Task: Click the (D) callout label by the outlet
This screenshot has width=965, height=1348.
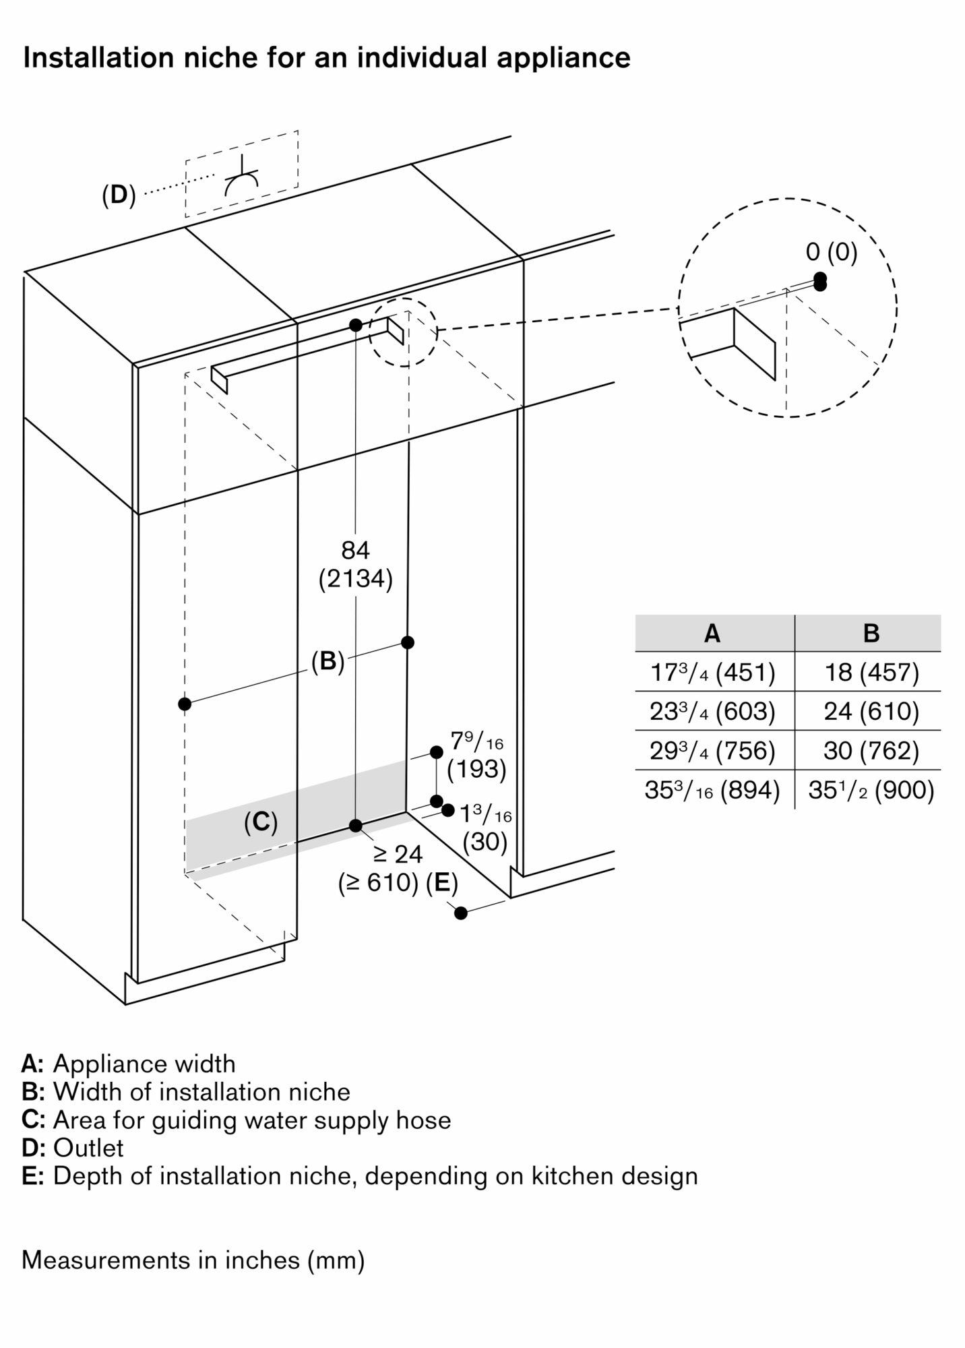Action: tap(119, 195)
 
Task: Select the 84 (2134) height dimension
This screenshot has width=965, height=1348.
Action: tap(355, 565)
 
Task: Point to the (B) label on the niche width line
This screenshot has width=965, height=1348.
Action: tap(328, 661)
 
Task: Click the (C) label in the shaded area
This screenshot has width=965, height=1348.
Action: tap(261, 822)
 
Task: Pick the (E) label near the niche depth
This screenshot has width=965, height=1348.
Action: tap(442, 882)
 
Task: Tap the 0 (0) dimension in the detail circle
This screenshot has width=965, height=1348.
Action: tap(832, 252)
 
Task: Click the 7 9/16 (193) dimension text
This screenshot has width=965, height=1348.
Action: tap(477, 755)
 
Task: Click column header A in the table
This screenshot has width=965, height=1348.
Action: tap(712, 634)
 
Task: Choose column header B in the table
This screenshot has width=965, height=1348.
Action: tap(871, 634)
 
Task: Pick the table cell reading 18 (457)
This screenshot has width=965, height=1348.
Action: tap(871, 672)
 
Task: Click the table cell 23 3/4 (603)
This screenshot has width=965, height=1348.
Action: tap(712, 711)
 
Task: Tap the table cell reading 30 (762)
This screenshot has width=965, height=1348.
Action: tap(871, 750)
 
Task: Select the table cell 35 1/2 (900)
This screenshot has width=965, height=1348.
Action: tap(871, 789)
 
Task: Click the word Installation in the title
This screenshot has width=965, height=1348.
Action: tap(94, 58)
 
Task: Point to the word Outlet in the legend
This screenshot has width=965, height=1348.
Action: tap(88, 1147)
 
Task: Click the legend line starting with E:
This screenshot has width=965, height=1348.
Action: tap(360, 1175)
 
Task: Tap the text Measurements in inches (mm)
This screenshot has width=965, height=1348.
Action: tap(193, 1259)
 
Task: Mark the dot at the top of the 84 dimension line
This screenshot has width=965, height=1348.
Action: tap(356, 325)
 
